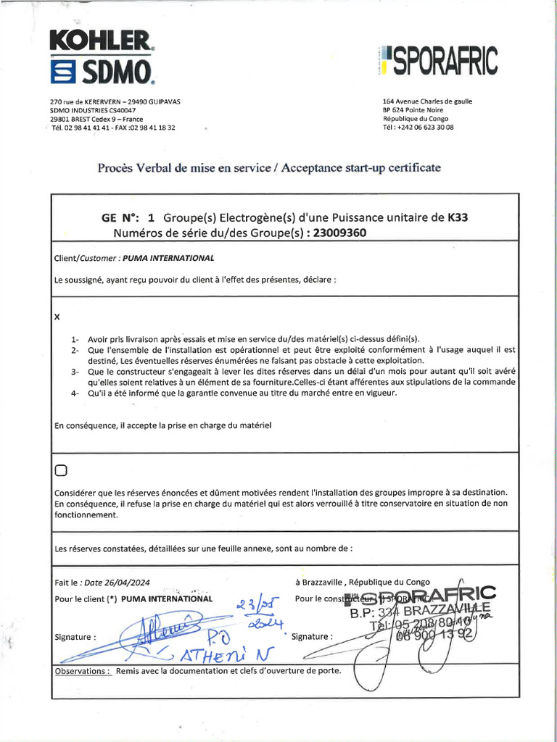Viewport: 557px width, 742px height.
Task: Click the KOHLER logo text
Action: [101, 41]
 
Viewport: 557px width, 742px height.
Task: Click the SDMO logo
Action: [101, 71]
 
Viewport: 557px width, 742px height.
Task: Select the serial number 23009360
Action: [337, 233]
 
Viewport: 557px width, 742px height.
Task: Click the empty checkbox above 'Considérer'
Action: [60, 471]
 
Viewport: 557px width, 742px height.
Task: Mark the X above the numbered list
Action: [57, 317]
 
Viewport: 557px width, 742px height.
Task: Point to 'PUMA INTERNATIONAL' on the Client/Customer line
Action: [168, 257]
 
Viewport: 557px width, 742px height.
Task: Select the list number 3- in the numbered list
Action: [75, 372]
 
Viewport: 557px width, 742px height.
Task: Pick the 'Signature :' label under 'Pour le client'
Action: [75, 638]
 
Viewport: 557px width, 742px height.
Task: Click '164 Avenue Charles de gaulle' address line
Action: [427, 101]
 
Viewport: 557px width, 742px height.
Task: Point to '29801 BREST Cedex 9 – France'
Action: [96, 119]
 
